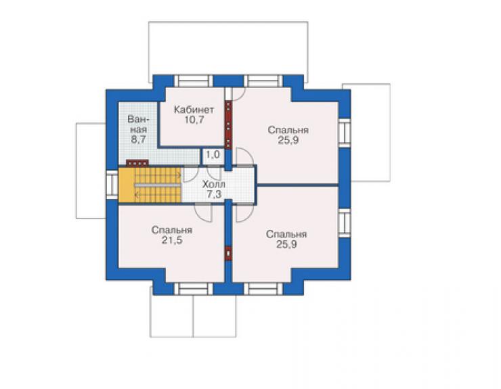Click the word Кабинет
(x=194, y=110)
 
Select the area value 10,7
(x=194, y=120)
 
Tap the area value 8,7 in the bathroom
(x=138, y=139)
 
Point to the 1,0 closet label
(x=213, y=154)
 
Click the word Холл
(x=214, y=184)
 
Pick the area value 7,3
(x=214, y=194)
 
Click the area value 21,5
(x=172, y=240)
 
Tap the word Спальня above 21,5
(x=172, y=230)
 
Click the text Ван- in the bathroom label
(x=138, y=120)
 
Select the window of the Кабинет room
(x=194, y=81)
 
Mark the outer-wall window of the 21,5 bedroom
(x=194, y=289)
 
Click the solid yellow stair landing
(x=126, y=185)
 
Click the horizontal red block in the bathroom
(x=137, y=163)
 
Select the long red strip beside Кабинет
(x=228, y=125)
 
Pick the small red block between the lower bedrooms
(x=228, y=254)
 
